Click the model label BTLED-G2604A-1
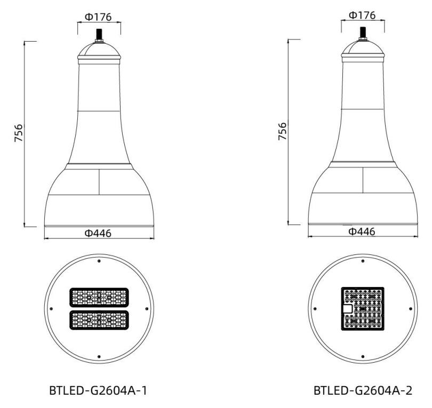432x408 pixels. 98,390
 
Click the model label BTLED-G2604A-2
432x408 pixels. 363,390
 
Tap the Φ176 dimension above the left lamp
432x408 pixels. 98,17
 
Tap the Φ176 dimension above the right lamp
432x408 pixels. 362,15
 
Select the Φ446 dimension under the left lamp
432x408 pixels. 98,234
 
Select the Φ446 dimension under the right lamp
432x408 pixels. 362,231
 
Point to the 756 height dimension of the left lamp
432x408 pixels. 19,133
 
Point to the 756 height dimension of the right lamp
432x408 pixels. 282,131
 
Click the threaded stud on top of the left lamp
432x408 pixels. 99,35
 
